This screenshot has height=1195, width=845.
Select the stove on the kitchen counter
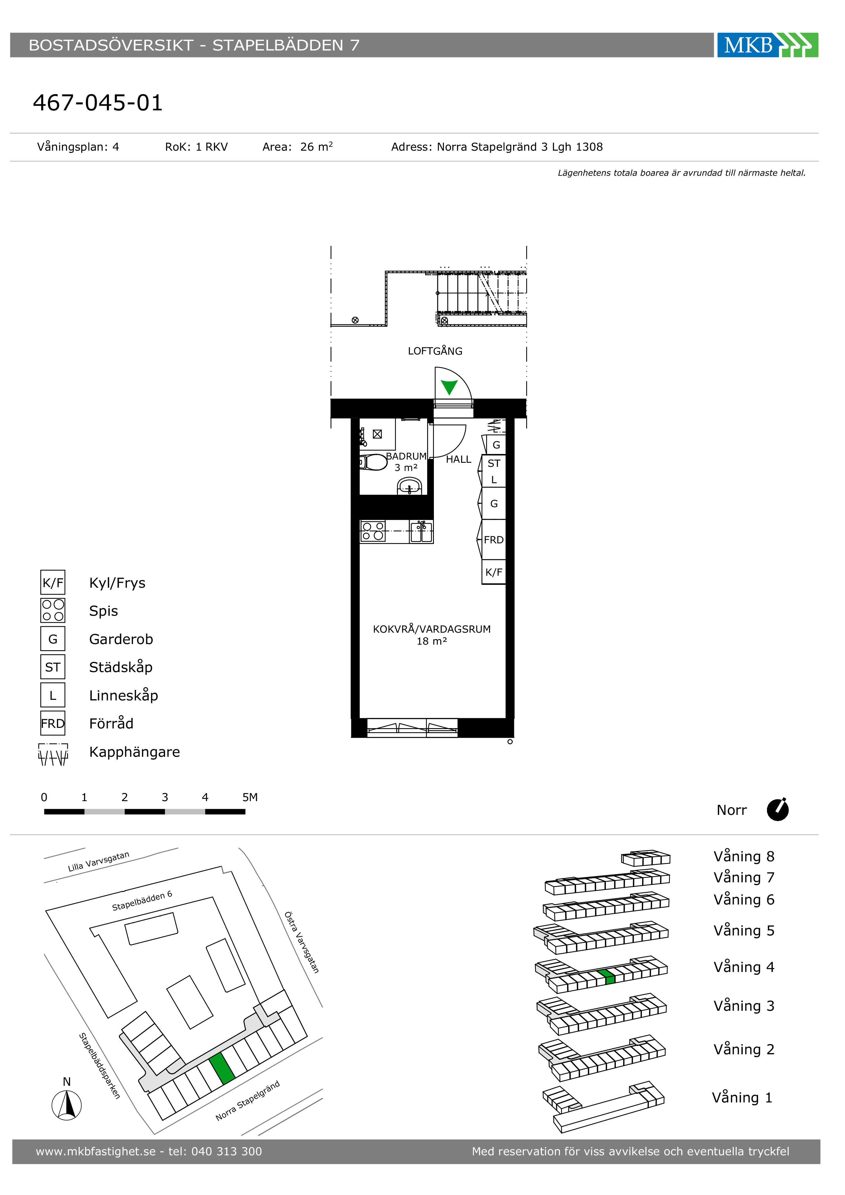(x=373, y=531)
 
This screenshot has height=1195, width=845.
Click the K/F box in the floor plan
(x=493, y=572)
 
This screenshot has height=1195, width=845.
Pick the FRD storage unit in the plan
(x=493, y=540)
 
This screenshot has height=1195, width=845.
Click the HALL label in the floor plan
(x=458, y=460)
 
